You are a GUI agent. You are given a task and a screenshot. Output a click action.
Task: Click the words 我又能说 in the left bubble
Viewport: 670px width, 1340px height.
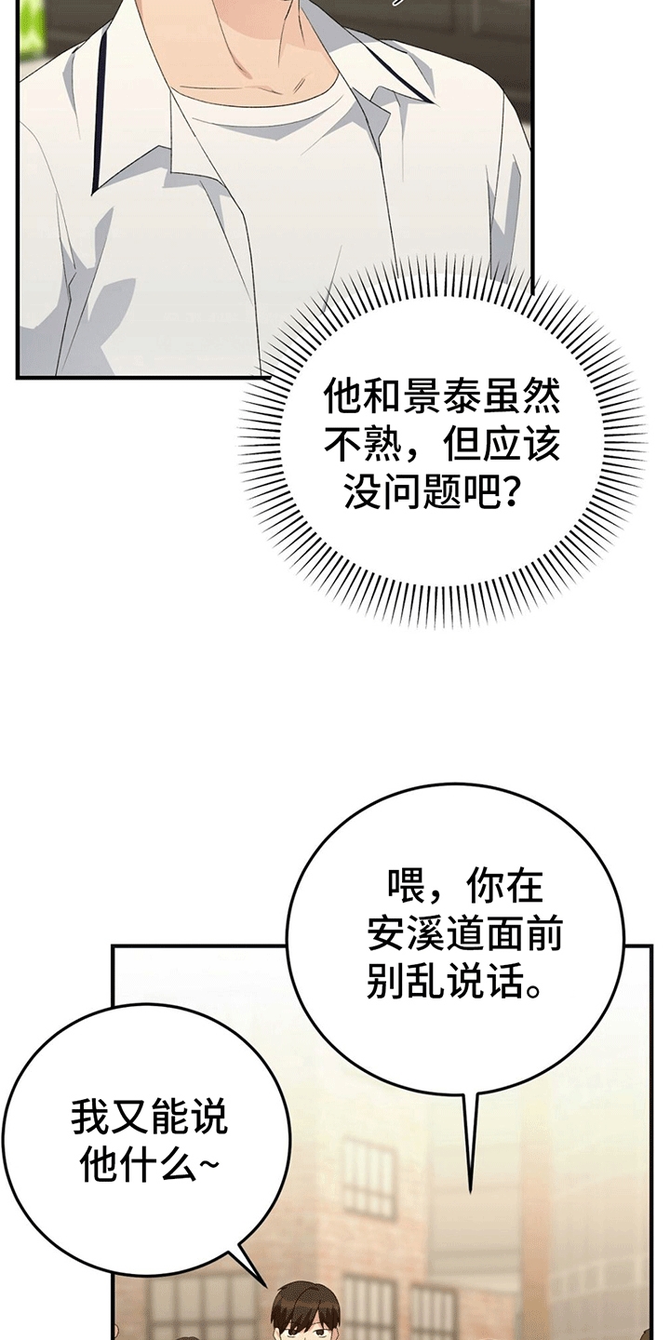coord(150,1118)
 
